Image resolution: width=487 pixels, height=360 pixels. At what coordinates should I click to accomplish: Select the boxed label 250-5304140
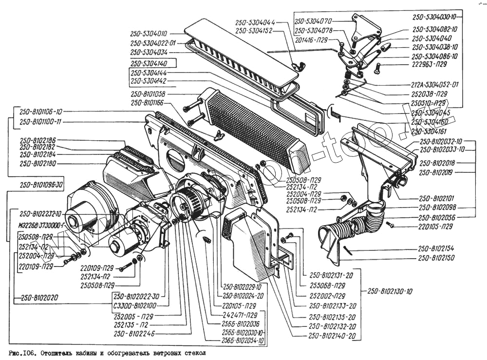click(x=149, y=63)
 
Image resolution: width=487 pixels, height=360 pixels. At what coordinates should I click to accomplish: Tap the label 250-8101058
click(x=149, y=94)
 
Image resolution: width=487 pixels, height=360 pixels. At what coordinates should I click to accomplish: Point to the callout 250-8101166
click(x=149, y=103)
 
